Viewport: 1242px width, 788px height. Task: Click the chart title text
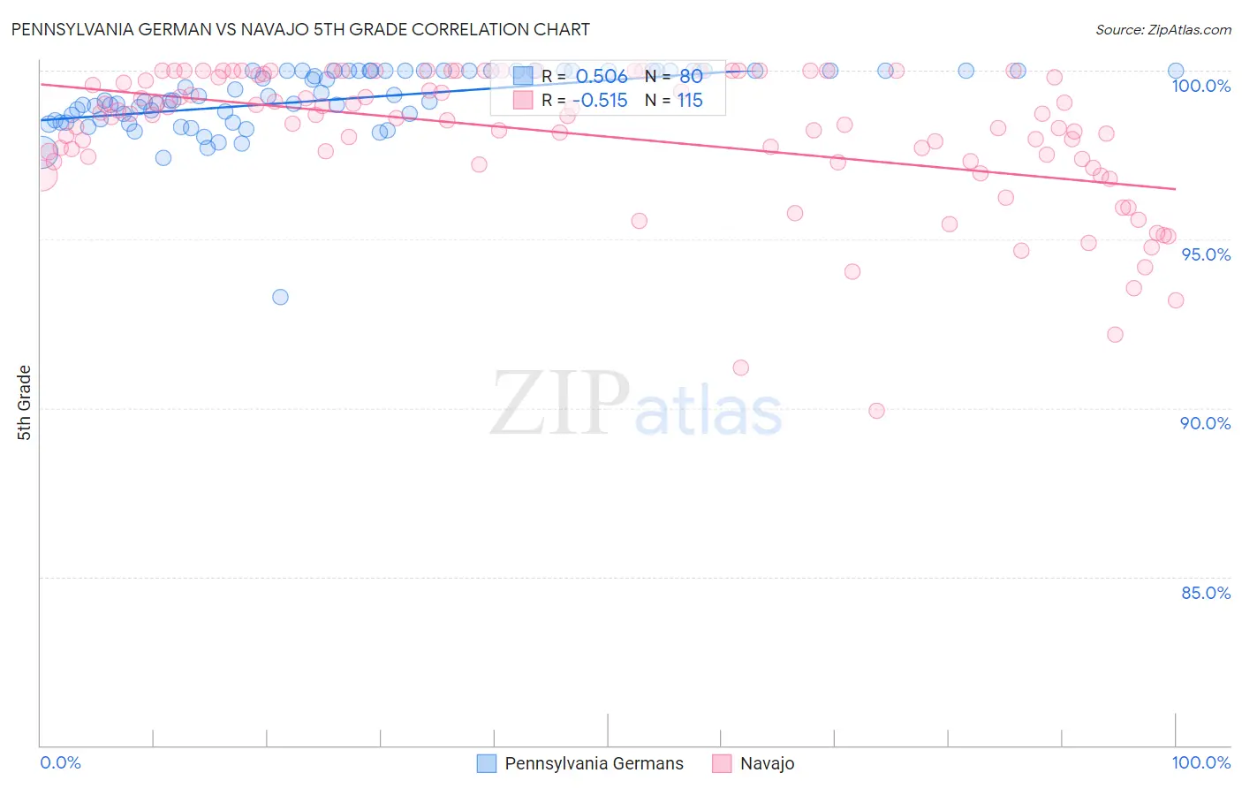click(x=300, y=29)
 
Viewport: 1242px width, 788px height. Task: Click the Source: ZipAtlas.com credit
click(x=1162, y=30)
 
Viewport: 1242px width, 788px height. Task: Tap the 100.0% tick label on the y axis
click(x=1200, y=86)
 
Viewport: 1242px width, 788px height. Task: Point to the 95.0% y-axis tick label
click(x=1206, y=254)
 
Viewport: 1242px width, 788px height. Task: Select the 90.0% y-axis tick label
click(x=1205, y=423)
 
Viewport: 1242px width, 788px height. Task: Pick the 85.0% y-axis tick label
click(x=1206, y=593)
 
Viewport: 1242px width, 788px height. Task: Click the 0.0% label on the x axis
click(x=60, y=762)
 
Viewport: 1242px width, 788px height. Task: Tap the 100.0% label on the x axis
click(x=1200, y=762)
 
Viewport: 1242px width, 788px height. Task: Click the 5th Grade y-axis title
click(x=24, y=403)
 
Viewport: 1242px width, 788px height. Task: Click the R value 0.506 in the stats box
click(x=602, y=76)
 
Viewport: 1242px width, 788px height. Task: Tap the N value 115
click(x=690, y=101)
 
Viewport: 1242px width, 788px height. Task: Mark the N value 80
click(x=691, y=76)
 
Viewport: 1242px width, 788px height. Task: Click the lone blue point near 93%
click(x=280, y=297)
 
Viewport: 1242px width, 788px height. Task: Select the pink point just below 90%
click(x=876, y=411)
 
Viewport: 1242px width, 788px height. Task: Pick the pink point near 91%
click(x=741, y=367)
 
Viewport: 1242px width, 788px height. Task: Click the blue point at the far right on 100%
click(x=1176, y=71)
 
